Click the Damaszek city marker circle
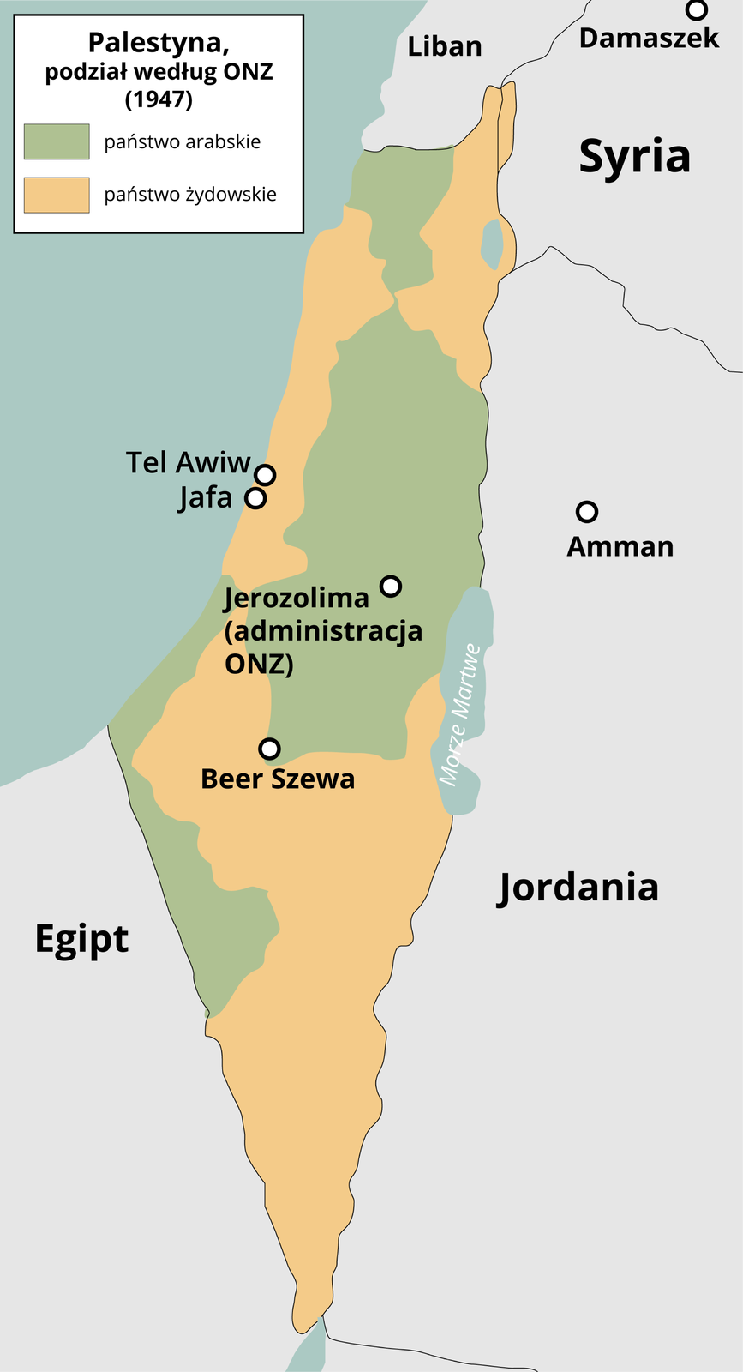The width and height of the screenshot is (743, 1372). coord(697,10)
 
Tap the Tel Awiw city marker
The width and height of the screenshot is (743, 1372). coord(266,474)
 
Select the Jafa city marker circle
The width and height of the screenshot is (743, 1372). coord(255,497)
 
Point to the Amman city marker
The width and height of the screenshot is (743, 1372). coord(586,512)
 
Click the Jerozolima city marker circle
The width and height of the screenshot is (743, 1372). coord(391,586)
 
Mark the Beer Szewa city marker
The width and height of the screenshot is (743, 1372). coord(270,749)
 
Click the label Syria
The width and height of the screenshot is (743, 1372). coord(634,157)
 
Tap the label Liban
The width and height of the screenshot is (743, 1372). coord(444,46)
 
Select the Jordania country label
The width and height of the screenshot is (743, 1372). coord(578,887)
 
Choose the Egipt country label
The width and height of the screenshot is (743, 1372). coord(81,940)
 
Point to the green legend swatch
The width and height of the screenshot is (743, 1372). coord(57,141)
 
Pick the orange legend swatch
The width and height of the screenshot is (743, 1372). coord(57,195)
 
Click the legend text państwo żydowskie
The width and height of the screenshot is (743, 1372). coord(190,195)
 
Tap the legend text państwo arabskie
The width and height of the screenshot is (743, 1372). coord(183,141)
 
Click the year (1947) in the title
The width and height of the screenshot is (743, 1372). coord(159,99)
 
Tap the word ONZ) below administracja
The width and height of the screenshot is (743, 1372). coord(259,664)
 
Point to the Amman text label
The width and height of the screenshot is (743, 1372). coord(620,546)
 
